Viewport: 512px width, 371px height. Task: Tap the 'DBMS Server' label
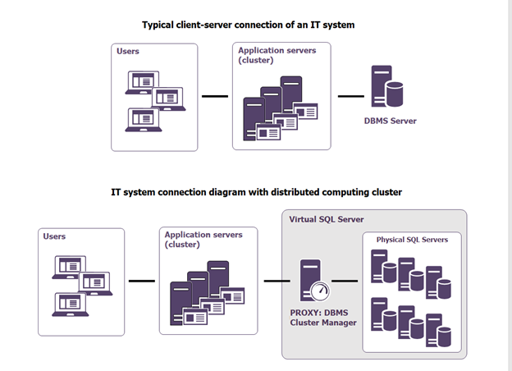[x=390, y=121]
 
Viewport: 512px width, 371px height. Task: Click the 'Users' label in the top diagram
[x=128, y=51]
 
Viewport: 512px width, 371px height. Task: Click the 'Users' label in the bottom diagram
[x=54, y=236]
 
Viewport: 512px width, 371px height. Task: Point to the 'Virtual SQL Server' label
[x=327, y=219]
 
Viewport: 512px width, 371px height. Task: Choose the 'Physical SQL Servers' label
[x=412, y=240]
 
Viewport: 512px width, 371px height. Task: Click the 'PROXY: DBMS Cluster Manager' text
[x=319, y=317]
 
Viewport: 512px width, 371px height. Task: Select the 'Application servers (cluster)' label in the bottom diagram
[x=203, y=240]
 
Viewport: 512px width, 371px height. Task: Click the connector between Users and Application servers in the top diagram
[x=215, y=96]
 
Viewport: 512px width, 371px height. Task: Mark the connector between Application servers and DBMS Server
[x=351, y=96]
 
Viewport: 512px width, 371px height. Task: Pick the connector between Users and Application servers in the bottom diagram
[x=142, y=281]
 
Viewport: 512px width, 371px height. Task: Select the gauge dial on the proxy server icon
[x=321, y=291]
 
